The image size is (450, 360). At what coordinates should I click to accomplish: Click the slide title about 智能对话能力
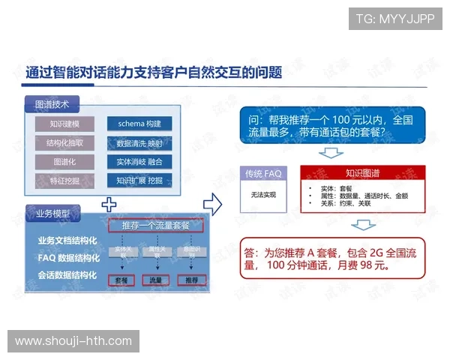click(154, 73)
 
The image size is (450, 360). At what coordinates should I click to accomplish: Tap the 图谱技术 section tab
click(52, 105)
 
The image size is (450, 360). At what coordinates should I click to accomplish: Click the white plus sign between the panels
click(110, 203)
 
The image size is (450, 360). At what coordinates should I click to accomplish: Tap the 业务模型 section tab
click(52, 214)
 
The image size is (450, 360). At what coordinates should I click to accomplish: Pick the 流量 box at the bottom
click(156, 280)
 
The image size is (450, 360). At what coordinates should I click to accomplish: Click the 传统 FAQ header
click(263, 173)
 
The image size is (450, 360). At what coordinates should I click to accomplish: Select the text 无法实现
click(263, 194)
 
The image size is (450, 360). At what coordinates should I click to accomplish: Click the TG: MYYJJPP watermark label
click(395, 19)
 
